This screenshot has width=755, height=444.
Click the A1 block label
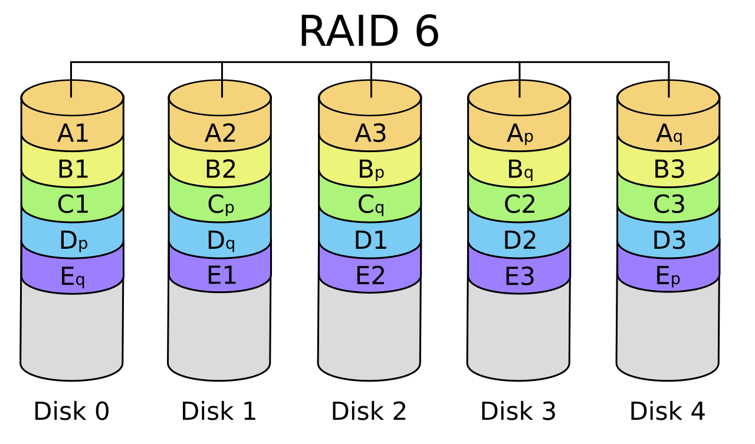coord(73,134)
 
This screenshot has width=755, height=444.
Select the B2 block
coord(220,170)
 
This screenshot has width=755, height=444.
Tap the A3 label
coord(370,134)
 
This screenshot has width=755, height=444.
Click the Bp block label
coord(370,170)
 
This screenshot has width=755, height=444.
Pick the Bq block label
coord(520,170)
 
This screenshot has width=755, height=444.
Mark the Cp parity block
coord(221,205)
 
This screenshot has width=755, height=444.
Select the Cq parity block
coord(370,205)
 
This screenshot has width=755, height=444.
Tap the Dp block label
coord(73,241)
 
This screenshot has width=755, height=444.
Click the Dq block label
coord(221,241)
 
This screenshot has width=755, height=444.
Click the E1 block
coord(221,276)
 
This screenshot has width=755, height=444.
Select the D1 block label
coord(370,241)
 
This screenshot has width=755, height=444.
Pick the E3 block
coord(520,277)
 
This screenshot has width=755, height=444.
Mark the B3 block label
coord(669,170)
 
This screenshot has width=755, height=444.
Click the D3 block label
coord(669,241)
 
